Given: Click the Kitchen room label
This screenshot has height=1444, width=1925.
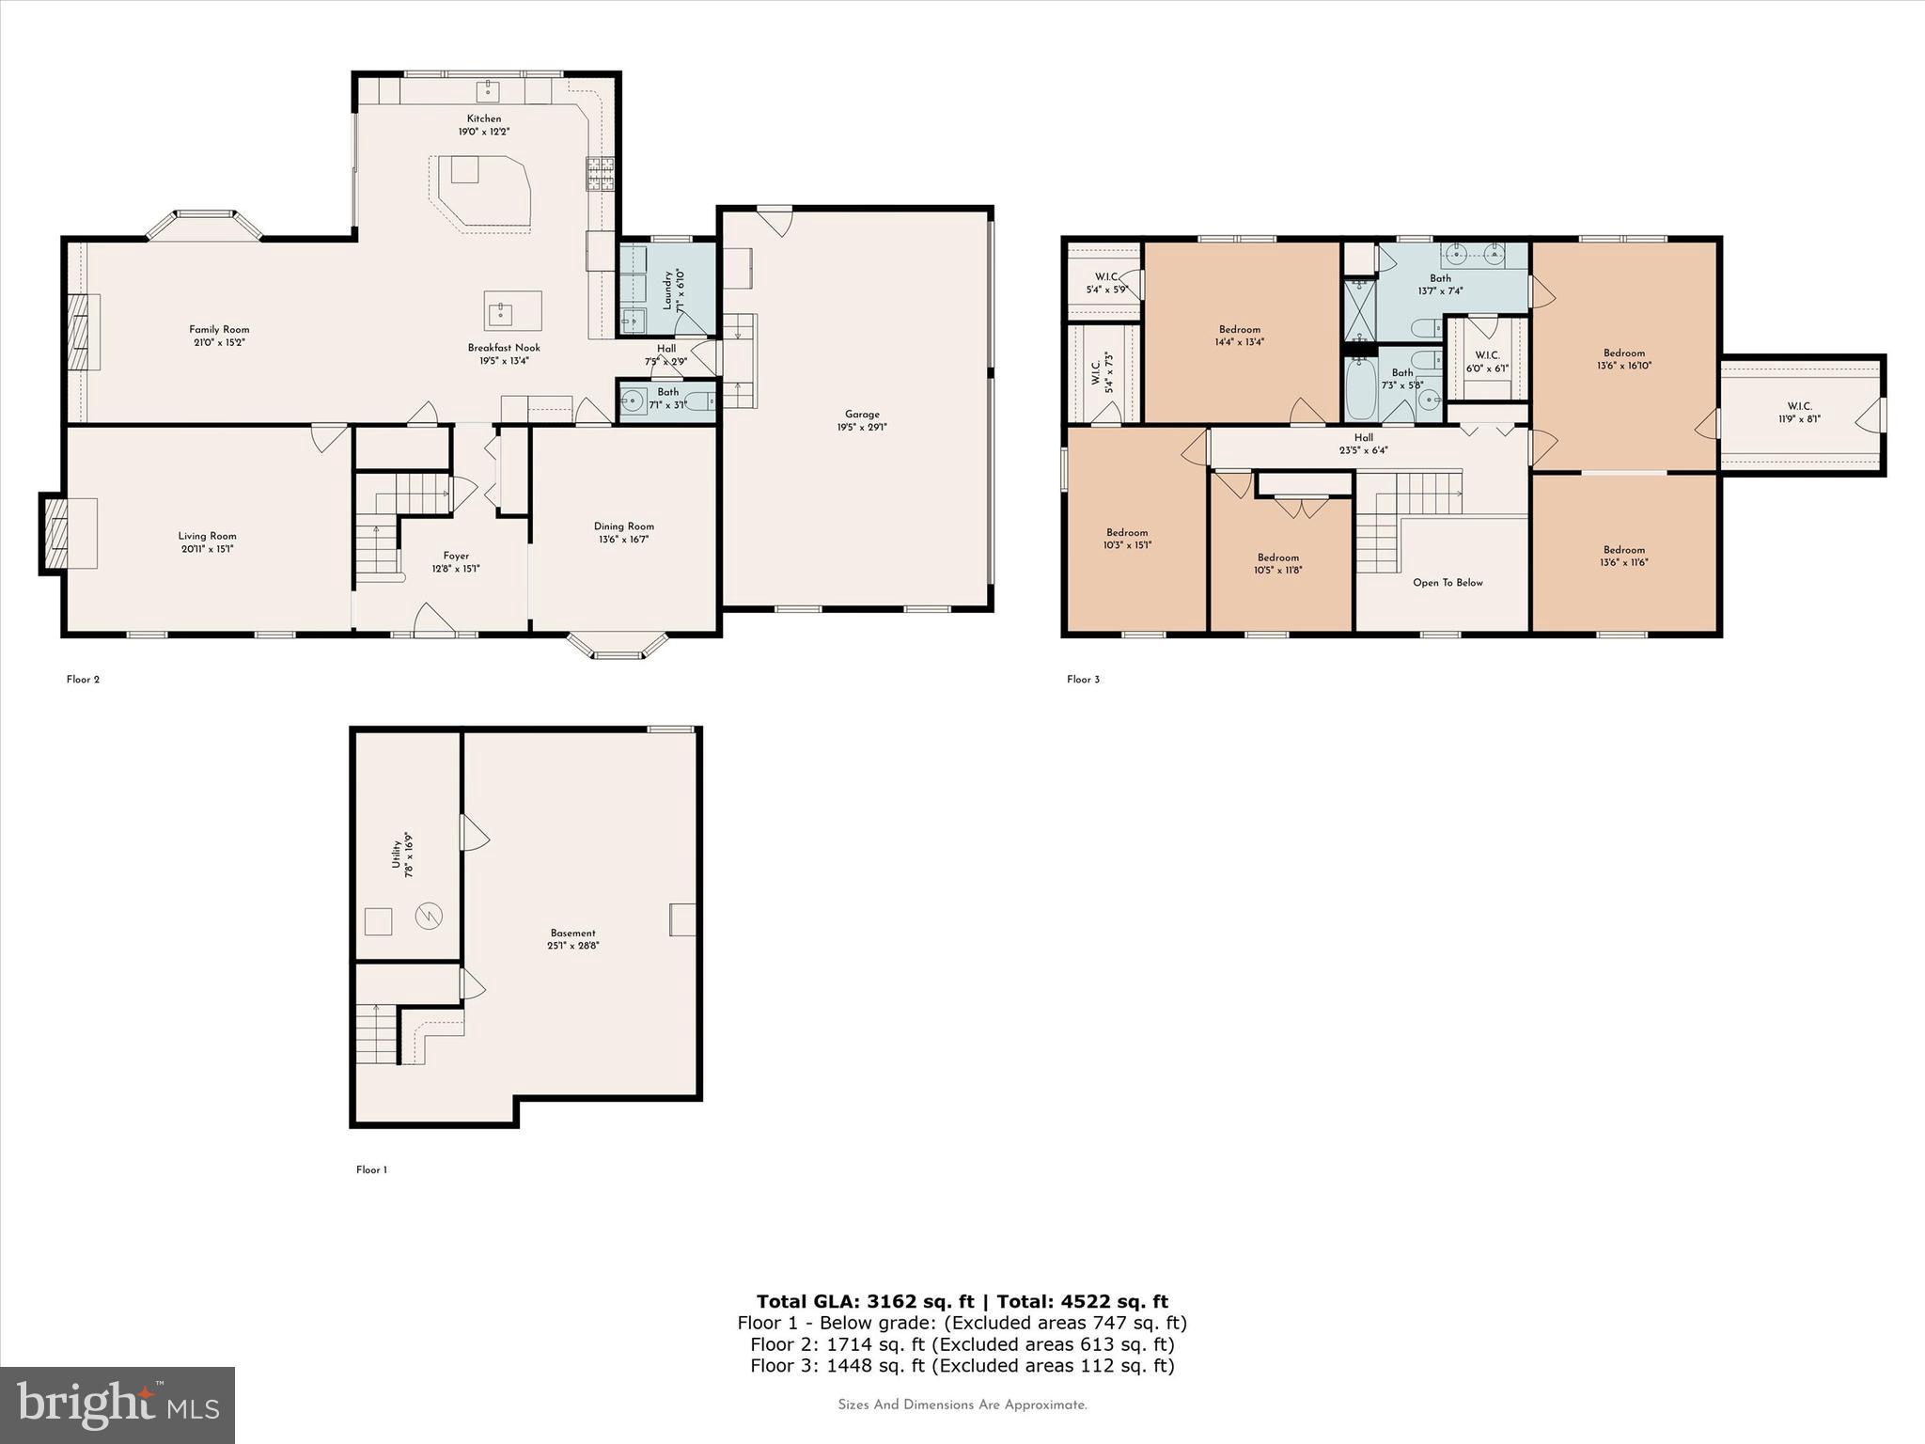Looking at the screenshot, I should click(x=484, y=119).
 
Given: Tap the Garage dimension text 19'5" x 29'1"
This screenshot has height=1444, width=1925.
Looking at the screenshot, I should click(x=862, y=428).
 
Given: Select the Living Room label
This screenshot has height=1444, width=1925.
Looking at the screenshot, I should click(x=208, y=536).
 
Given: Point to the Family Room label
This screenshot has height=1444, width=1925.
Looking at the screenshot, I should click(x=219, y=330).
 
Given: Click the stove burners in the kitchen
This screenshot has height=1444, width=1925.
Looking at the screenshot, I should click(x=601, y=174).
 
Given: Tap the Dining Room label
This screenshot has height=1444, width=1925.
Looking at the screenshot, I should click(x=623, y=526).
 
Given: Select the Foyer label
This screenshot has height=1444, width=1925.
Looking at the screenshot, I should click(x=456, y=556).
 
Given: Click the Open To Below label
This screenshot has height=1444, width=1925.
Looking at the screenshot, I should click(x=1448, y=583).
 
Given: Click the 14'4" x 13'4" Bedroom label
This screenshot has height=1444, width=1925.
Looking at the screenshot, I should click(x=1240, y=330).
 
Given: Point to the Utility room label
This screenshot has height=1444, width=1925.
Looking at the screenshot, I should click(x=397, y=855).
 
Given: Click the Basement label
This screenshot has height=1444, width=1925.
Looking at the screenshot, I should click(x=573, y=934).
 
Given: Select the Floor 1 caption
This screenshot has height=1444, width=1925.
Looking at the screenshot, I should click(x=371, y=1170).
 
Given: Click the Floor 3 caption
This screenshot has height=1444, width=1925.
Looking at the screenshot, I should click(x=1083, y=680).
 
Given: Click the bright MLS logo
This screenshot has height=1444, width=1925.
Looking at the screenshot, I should click(x=117, y=1405).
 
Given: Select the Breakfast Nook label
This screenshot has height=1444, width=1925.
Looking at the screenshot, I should click(x=504, y=348).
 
